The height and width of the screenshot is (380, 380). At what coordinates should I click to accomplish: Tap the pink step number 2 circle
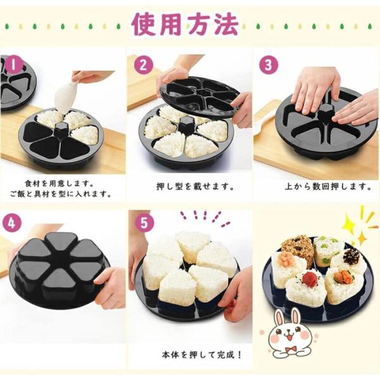[144, 65]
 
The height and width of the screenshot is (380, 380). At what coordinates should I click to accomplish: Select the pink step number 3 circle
[269, 65]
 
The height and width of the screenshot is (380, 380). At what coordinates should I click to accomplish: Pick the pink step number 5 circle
[144, 222]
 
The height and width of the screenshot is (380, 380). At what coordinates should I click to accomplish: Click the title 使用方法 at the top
[186, 24]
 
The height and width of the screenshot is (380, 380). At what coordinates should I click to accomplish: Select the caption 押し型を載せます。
[195, 187]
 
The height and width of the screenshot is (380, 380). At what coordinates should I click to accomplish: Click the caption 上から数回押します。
[328, 187]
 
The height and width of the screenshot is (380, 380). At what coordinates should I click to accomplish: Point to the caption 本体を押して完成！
[201, 355]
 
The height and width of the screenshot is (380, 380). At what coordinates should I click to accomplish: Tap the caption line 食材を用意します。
[60, 184]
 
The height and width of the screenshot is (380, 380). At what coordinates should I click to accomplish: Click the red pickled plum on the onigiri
[308, 277]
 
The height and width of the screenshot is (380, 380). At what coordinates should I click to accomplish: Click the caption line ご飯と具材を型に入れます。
[61, 194]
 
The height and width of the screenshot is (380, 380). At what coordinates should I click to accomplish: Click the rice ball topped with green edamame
[326, 252]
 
